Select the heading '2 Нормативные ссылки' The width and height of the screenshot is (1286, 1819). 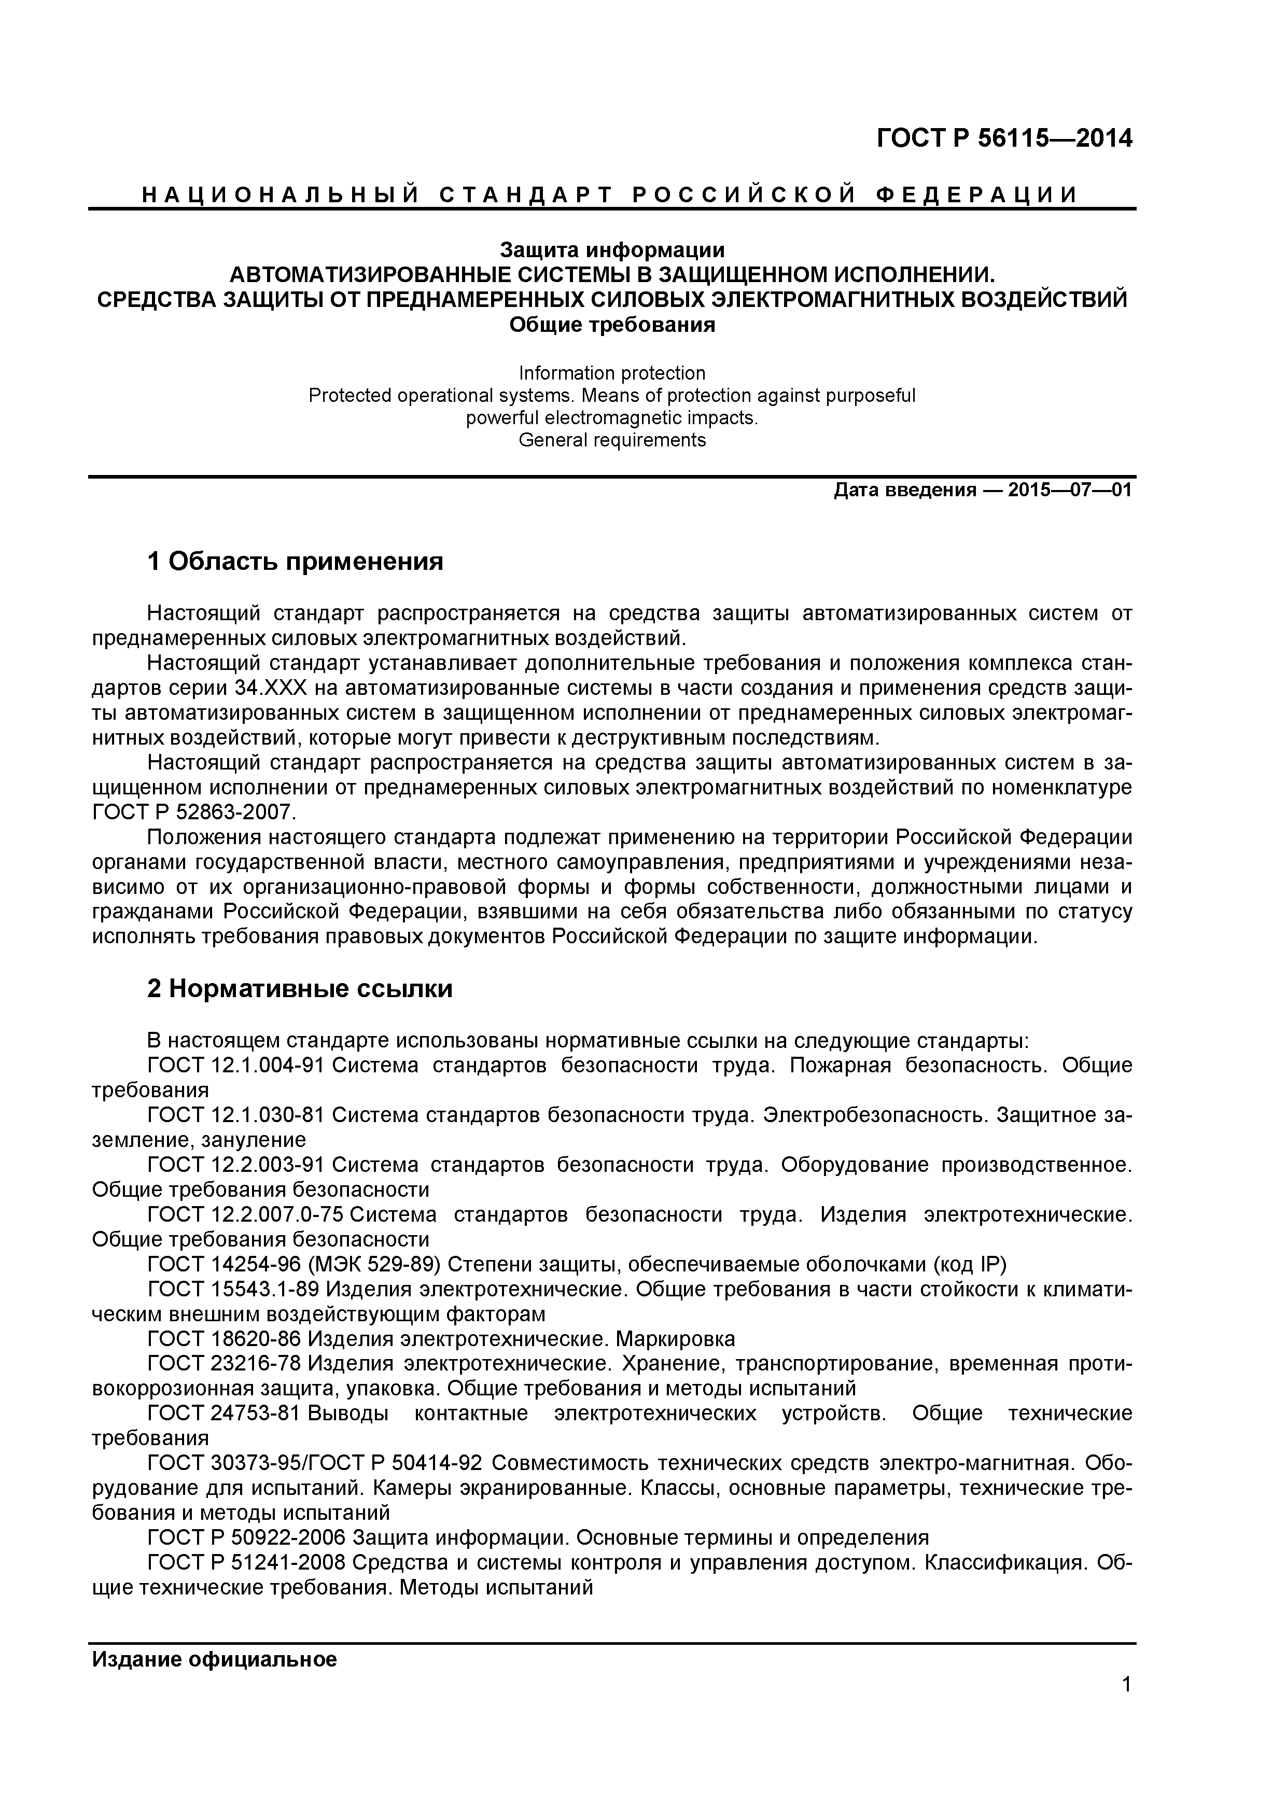pyautogui.click(x=300, y=989)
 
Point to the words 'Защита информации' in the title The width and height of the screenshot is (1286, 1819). pyautogui.click(x=612, y=250)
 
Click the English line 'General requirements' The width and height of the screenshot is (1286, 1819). pyautogui.click(x=612, y=440)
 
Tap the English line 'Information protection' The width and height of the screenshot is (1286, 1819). pyautogui.click(x=612, y=373)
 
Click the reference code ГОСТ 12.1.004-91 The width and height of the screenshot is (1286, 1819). pyautogui.click(x=236, y=1066)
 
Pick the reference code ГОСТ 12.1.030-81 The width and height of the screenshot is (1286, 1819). pyautogui.click(x=236, y=1115)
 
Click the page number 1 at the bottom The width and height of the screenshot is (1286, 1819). pyautogui.click(x=1126, y=1706)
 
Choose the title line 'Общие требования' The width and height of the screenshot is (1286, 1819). pyautogui.click(x=612, y=325)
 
